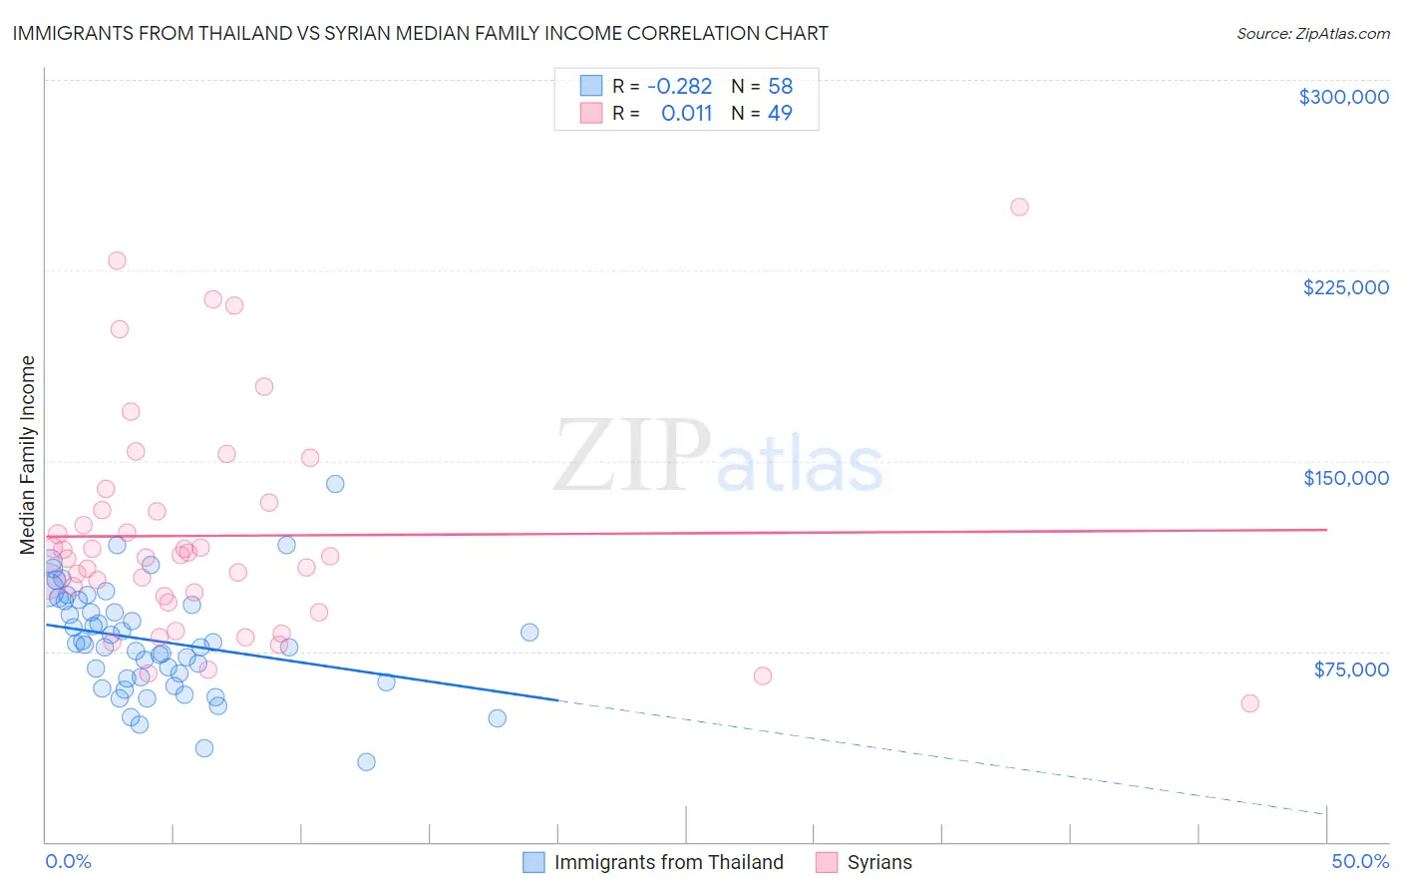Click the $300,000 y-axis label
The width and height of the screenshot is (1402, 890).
pyautogui.click(x=1343, y=97)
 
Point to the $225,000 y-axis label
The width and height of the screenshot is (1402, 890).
pyautogui.click(x=1345, y=287)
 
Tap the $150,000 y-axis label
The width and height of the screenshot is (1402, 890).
pyautogui.click(x=1345, y=478)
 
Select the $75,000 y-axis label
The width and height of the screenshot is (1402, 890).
pyautogui.click(x=1350, y=669)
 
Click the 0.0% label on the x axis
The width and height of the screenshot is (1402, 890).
pyautogui.click(x=68, y=861)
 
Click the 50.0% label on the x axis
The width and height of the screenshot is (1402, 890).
pyautogui.click(x=1359, y=861)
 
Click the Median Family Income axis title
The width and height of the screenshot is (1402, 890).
pyautogui.click(x=28, y=455)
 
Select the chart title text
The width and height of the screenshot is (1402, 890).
pyautogui.click(x=420, y=33)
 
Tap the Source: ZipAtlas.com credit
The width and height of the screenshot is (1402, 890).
pyautogui.click(x=1312, y=33)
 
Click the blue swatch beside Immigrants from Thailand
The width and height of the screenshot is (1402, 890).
pyautogui.click(x=534, y=862)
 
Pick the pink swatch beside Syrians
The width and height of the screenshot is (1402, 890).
pyautogui.click(x=827, y=862)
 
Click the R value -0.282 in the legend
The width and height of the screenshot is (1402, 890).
pyautogui.click(x=679, y=86)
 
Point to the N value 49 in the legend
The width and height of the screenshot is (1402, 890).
pyautogui.click(x=780, y=113)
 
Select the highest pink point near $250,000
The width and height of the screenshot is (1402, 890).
pyautogui.click(x=1019, y=208)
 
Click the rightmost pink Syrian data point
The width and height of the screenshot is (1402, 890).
pyautogui.click(x=1249, y=703)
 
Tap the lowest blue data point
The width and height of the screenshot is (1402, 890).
pyautogui.click(x=366, y=762)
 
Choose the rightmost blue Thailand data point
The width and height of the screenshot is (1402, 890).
pyautogui.click(x=529, y=633)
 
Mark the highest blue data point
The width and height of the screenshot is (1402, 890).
pyautogui.click(x=335, y=484)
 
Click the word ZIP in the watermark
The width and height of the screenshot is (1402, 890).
pyautogui.click(x=631, y=456)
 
